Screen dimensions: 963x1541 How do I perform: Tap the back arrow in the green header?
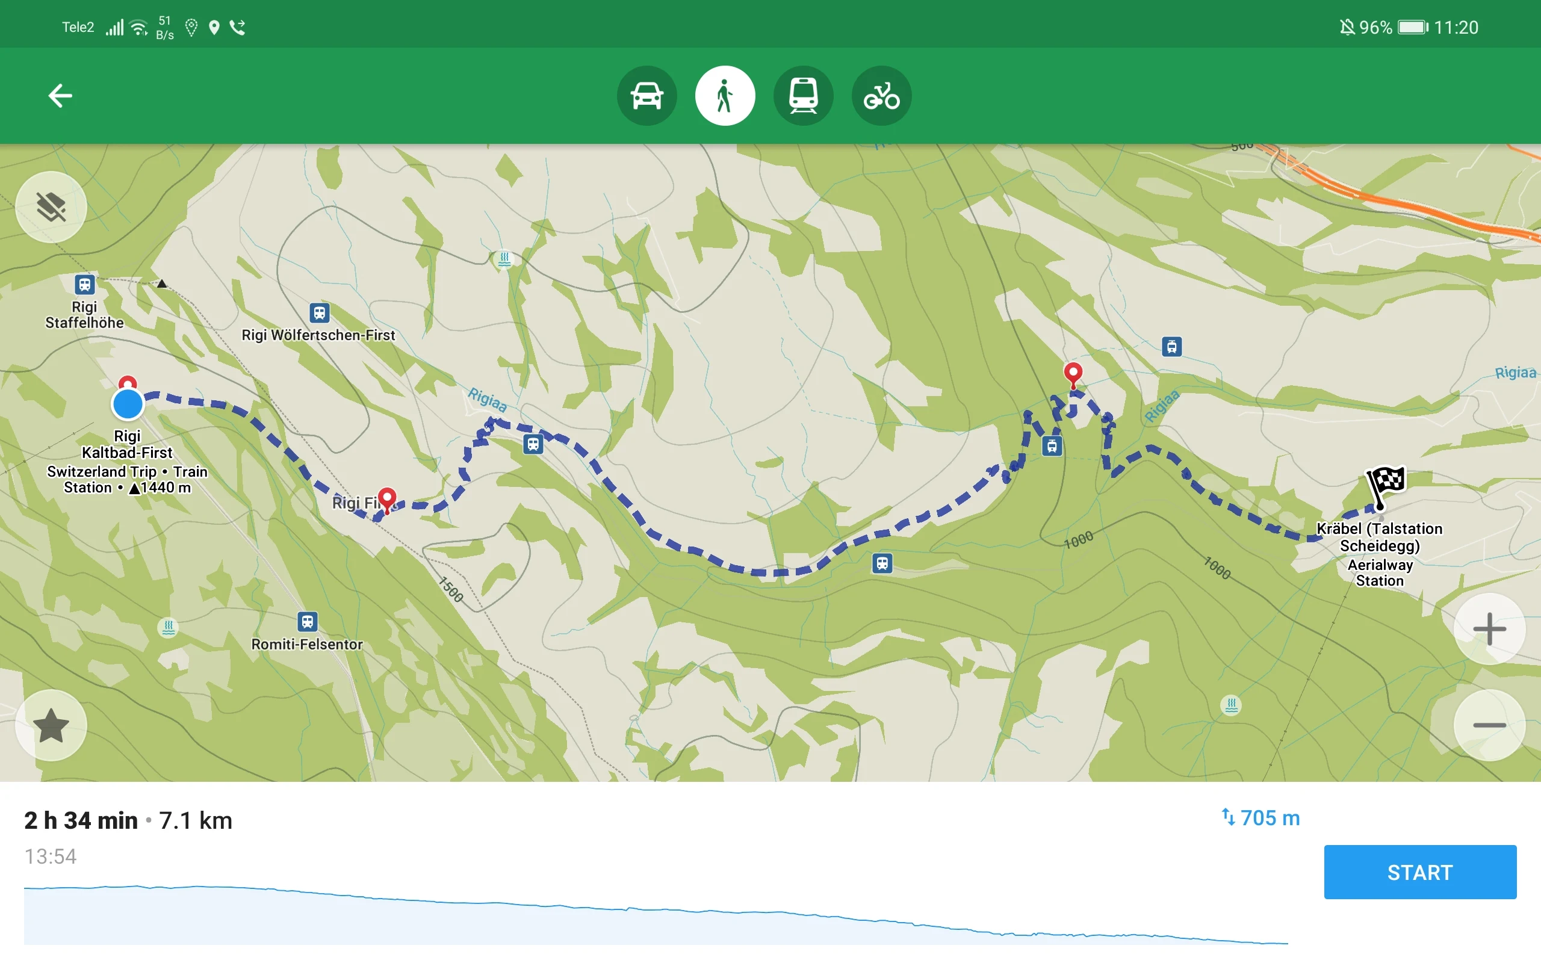point(60,96)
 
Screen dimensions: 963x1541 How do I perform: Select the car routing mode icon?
point(646,96)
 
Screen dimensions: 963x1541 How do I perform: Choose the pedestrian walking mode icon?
point(725,96)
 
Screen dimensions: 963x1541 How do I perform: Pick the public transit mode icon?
point(803,96)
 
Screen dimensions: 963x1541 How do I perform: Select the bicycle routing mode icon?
point(881,96)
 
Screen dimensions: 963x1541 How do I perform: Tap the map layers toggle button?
point(51,207)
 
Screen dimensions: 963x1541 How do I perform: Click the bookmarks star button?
point(51,725)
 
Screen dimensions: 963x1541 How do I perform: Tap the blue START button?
point(1419,872)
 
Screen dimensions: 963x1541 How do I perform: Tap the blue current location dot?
point(128,404)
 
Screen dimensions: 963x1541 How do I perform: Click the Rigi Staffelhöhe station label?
point(85,315)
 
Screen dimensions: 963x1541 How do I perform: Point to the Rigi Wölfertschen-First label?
point(318,335)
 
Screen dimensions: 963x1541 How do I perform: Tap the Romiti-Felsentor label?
point(307,645)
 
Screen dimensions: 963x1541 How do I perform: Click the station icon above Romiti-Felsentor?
point(308,621)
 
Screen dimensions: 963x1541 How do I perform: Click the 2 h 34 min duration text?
point(81,820)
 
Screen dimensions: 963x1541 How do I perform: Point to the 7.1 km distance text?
point(196,820)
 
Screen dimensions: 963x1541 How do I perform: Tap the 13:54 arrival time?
point(51,856)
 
